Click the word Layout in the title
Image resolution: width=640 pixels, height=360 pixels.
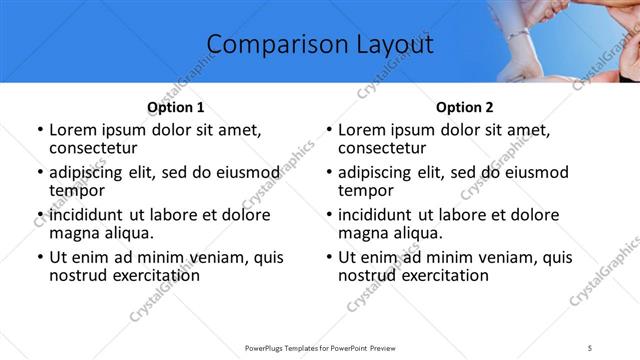click(385, 45)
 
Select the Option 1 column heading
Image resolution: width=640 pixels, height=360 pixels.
click(176, 107)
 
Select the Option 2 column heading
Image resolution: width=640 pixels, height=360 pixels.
click(465, 107)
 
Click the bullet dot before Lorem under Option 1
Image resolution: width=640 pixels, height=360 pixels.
click(39, 130)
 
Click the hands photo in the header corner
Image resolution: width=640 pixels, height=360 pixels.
click(560, 40)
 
